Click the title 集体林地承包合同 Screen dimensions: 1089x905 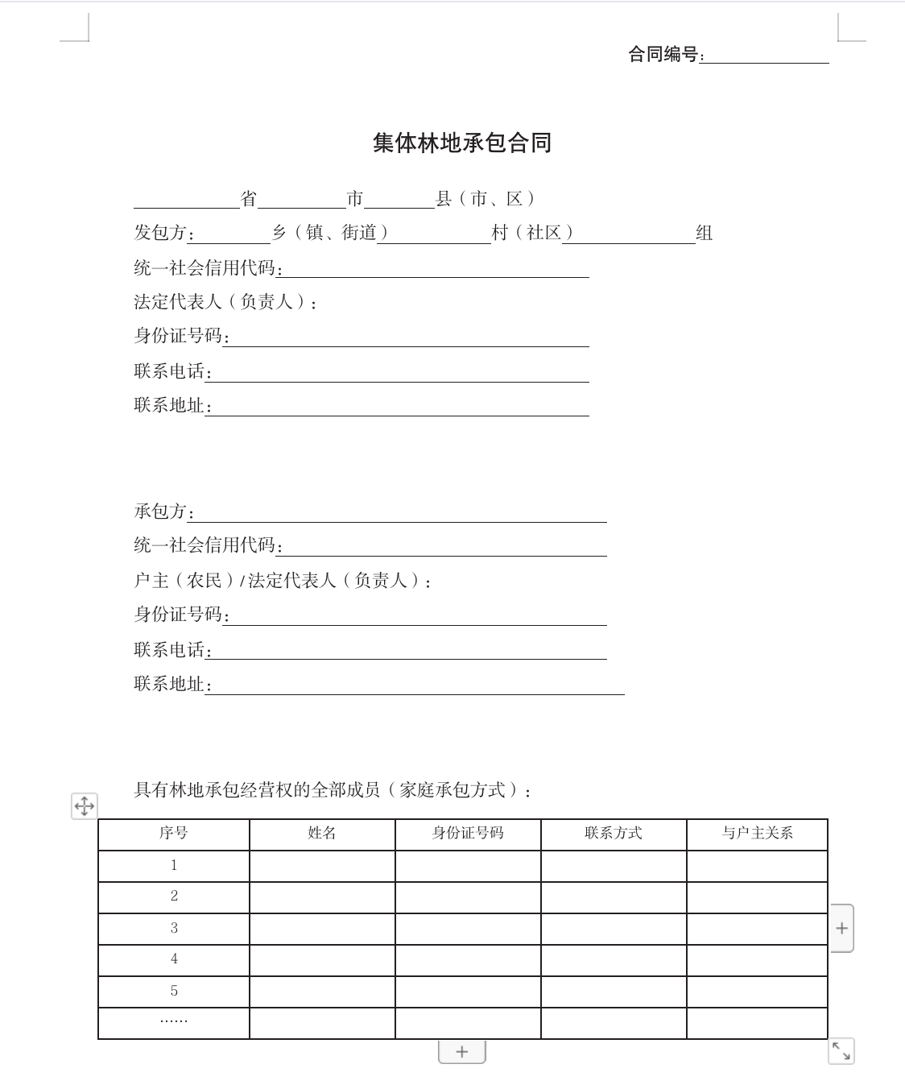pos(461,143)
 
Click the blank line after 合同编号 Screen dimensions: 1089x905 pos(765,56)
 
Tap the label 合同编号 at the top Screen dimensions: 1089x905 pos(663,55)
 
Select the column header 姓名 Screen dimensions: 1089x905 pos(322,834)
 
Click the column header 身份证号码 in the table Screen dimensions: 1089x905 pos(468,834)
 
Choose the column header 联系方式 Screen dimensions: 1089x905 pos(614,834)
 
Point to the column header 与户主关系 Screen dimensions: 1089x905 pos(757,834)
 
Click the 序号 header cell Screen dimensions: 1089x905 pos(174,834)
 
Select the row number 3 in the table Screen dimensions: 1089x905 pos(174,928)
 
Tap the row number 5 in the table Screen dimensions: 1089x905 pos(174,992)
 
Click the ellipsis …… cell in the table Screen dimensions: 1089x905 pos(174,1021)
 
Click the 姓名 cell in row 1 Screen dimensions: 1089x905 pos(322,866)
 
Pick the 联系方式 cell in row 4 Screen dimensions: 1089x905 pos(614,960)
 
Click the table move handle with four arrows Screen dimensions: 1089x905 pos(85,805)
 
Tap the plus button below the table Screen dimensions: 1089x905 pos(461,1051)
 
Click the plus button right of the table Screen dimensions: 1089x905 pos(841,928)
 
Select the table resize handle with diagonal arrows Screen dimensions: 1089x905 pos(841,1050)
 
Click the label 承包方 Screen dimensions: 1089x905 pos(160,511)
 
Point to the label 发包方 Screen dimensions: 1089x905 pos(160,234)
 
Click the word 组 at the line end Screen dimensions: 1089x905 pos(705,234)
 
